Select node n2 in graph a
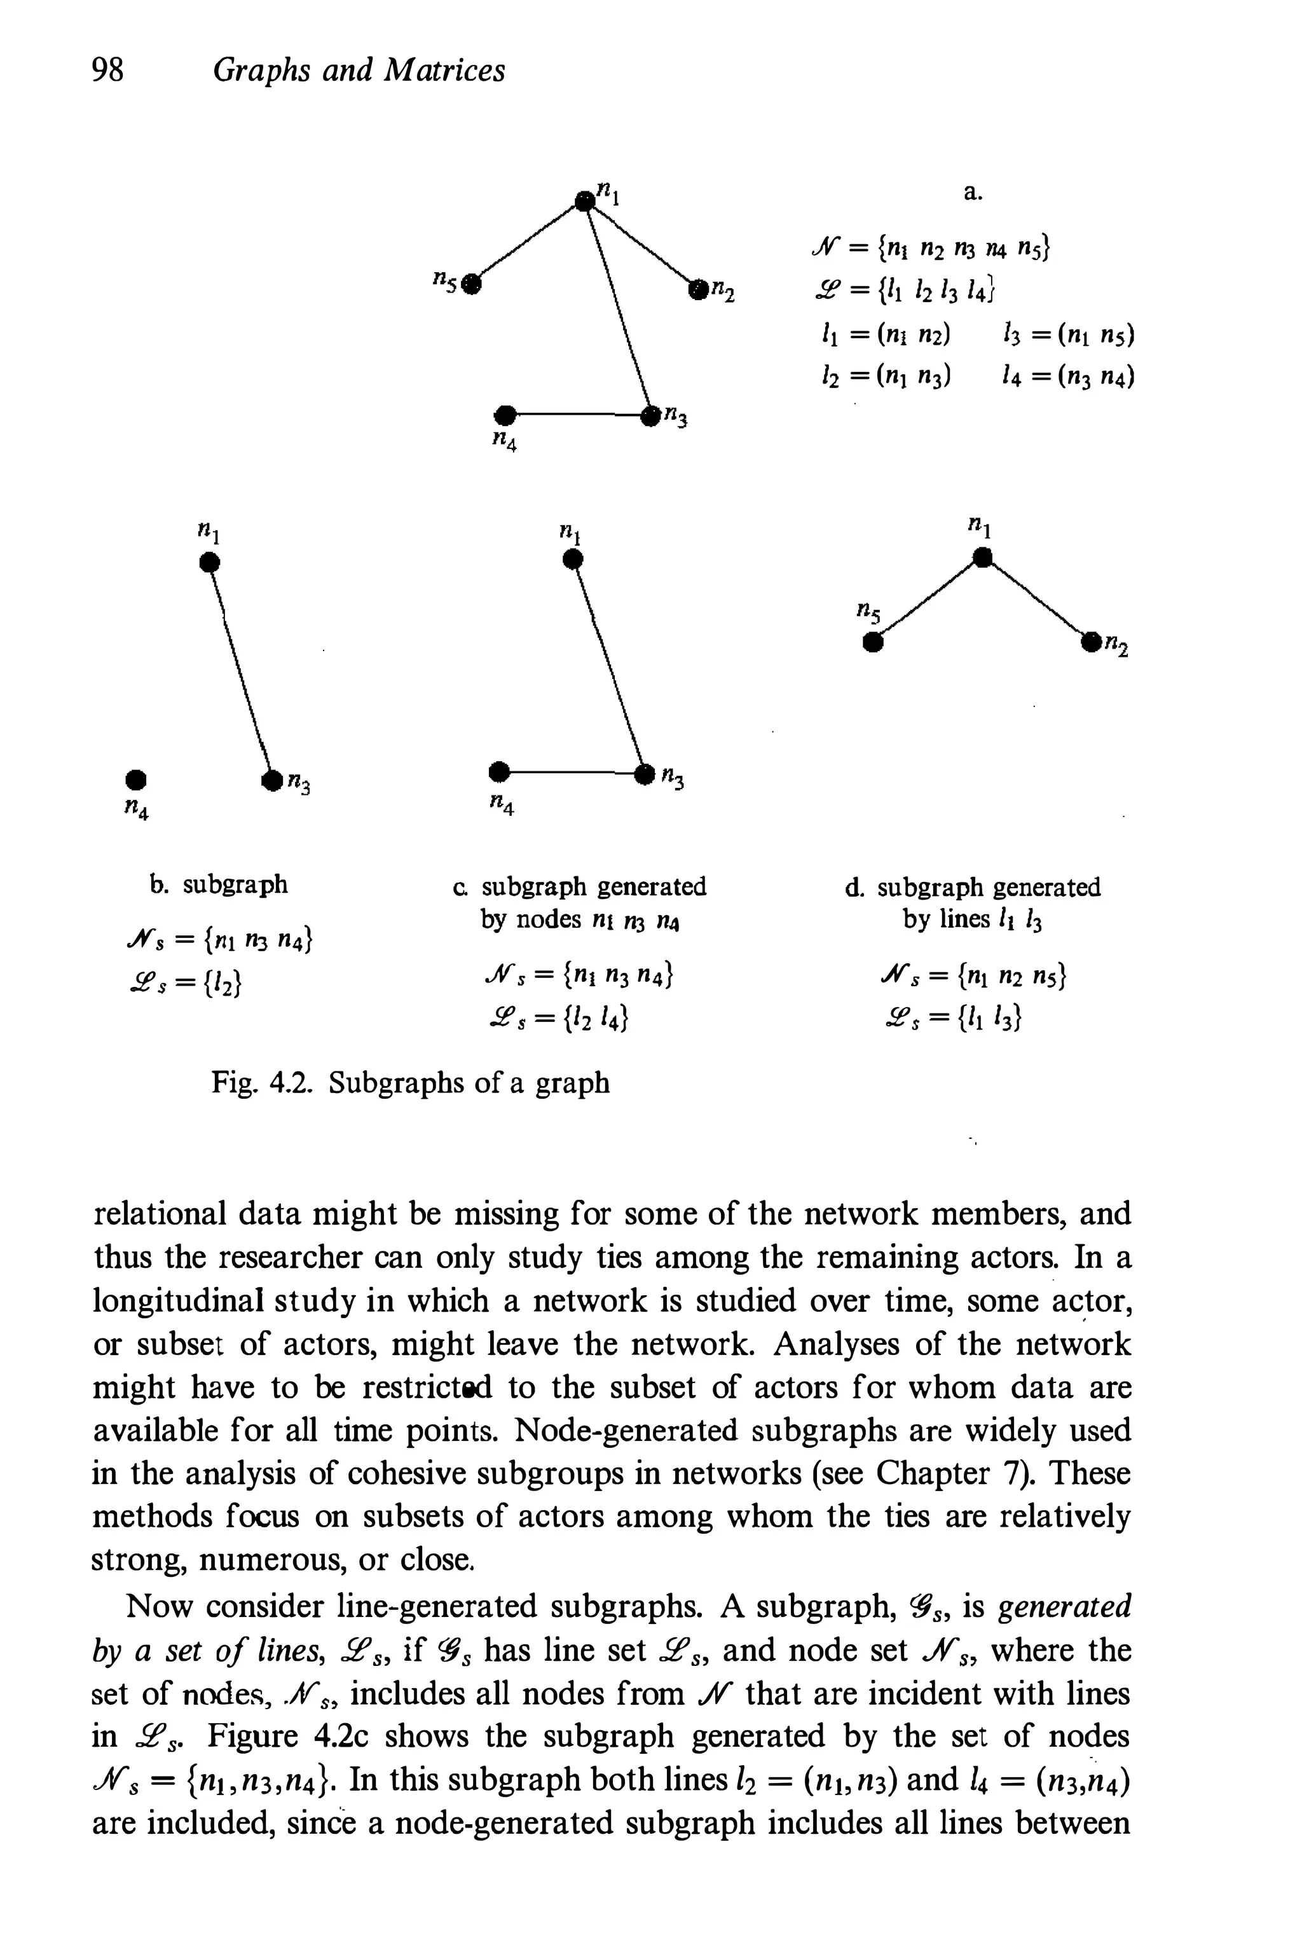click(x=696, y=287)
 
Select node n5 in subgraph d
click(x=871, y=642)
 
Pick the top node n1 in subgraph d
click(x=982, y=557)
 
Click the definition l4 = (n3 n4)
click(x=1068, y=377)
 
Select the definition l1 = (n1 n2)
click(x=882, y=334)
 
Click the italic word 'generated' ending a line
click(x=1064, y=1606)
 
